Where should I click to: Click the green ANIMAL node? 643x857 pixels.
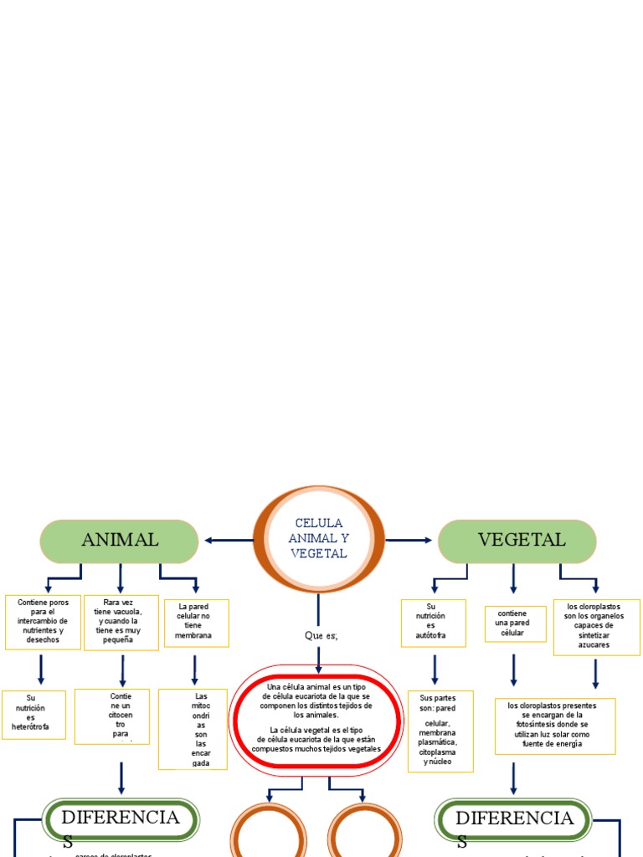(x=120, y=541)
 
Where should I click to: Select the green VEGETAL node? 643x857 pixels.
(x=517, y=541)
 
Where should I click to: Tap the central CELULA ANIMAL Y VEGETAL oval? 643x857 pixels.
(x=318, y=539)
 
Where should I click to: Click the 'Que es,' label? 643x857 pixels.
(x=320, y=635)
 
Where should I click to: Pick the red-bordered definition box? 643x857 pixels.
(x=316, y=721)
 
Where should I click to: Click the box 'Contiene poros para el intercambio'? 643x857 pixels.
(x=43, y=622)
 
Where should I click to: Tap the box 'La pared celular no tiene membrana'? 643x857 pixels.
(x=194, y=622)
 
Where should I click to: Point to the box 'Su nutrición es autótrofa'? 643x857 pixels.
(x=432, y=623)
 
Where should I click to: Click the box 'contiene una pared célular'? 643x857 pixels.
(x=512, y=624)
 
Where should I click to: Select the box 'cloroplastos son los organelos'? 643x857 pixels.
(x=596, y=626)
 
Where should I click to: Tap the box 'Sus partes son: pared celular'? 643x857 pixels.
(x=440, y=731)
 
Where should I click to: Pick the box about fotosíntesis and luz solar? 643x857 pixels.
(x=555, y=726)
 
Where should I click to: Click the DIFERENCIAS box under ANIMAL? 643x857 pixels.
(x=121, y=821)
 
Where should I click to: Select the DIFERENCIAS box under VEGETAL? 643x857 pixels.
(x=514, y=821)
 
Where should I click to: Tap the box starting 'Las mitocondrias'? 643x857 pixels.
(x=193, y=729)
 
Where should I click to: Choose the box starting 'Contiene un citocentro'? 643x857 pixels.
(x=112, y=716)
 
